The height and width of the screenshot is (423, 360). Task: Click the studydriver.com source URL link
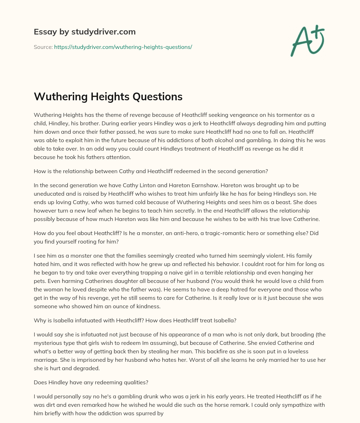123,47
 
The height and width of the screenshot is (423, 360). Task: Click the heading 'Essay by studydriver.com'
85,32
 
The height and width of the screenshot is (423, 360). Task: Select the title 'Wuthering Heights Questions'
108,97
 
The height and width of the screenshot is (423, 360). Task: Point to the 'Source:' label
43,47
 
